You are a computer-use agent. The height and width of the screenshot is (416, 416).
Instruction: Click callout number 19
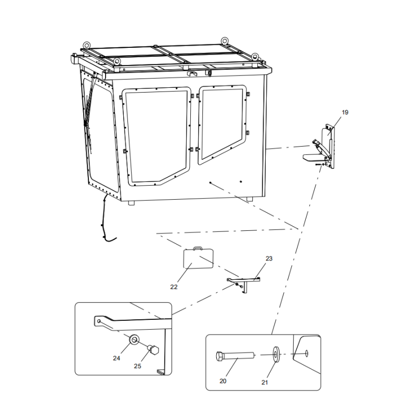(345, 112)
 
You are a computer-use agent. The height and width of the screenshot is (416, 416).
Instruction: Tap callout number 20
(223, 381)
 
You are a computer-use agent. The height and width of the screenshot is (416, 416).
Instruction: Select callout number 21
(265, 382)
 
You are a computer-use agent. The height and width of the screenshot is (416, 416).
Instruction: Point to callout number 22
(174, 287)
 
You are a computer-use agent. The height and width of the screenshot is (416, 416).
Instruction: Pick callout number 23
(269, 258)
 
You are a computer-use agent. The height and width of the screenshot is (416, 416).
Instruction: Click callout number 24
(116, 358)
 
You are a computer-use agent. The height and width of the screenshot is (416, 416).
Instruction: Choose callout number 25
(137, 366)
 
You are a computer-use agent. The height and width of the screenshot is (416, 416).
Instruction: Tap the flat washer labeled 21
(276, 354)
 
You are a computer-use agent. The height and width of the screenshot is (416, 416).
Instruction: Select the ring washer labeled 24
(134, 340)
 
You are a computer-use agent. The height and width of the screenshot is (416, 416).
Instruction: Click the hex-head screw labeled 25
(153, 349)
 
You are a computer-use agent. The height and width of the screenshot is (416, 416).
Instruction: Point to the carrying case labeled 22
(199, 258)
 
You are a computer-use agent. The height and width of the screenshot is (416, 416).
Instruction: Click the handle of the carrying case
(198, 248)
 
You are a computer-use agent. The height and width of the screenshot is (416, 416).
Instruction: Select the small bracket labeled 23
(243, 284)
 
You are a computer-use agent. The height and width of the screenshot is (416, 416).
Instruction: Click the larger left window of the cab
(157, 136)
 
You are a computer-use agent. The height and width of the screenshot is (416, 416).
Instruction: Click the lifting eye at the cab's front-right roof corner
(255, 56)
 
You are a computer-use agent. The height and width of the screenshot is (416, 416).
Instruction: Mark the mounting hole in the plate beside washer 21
(307, 354)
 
